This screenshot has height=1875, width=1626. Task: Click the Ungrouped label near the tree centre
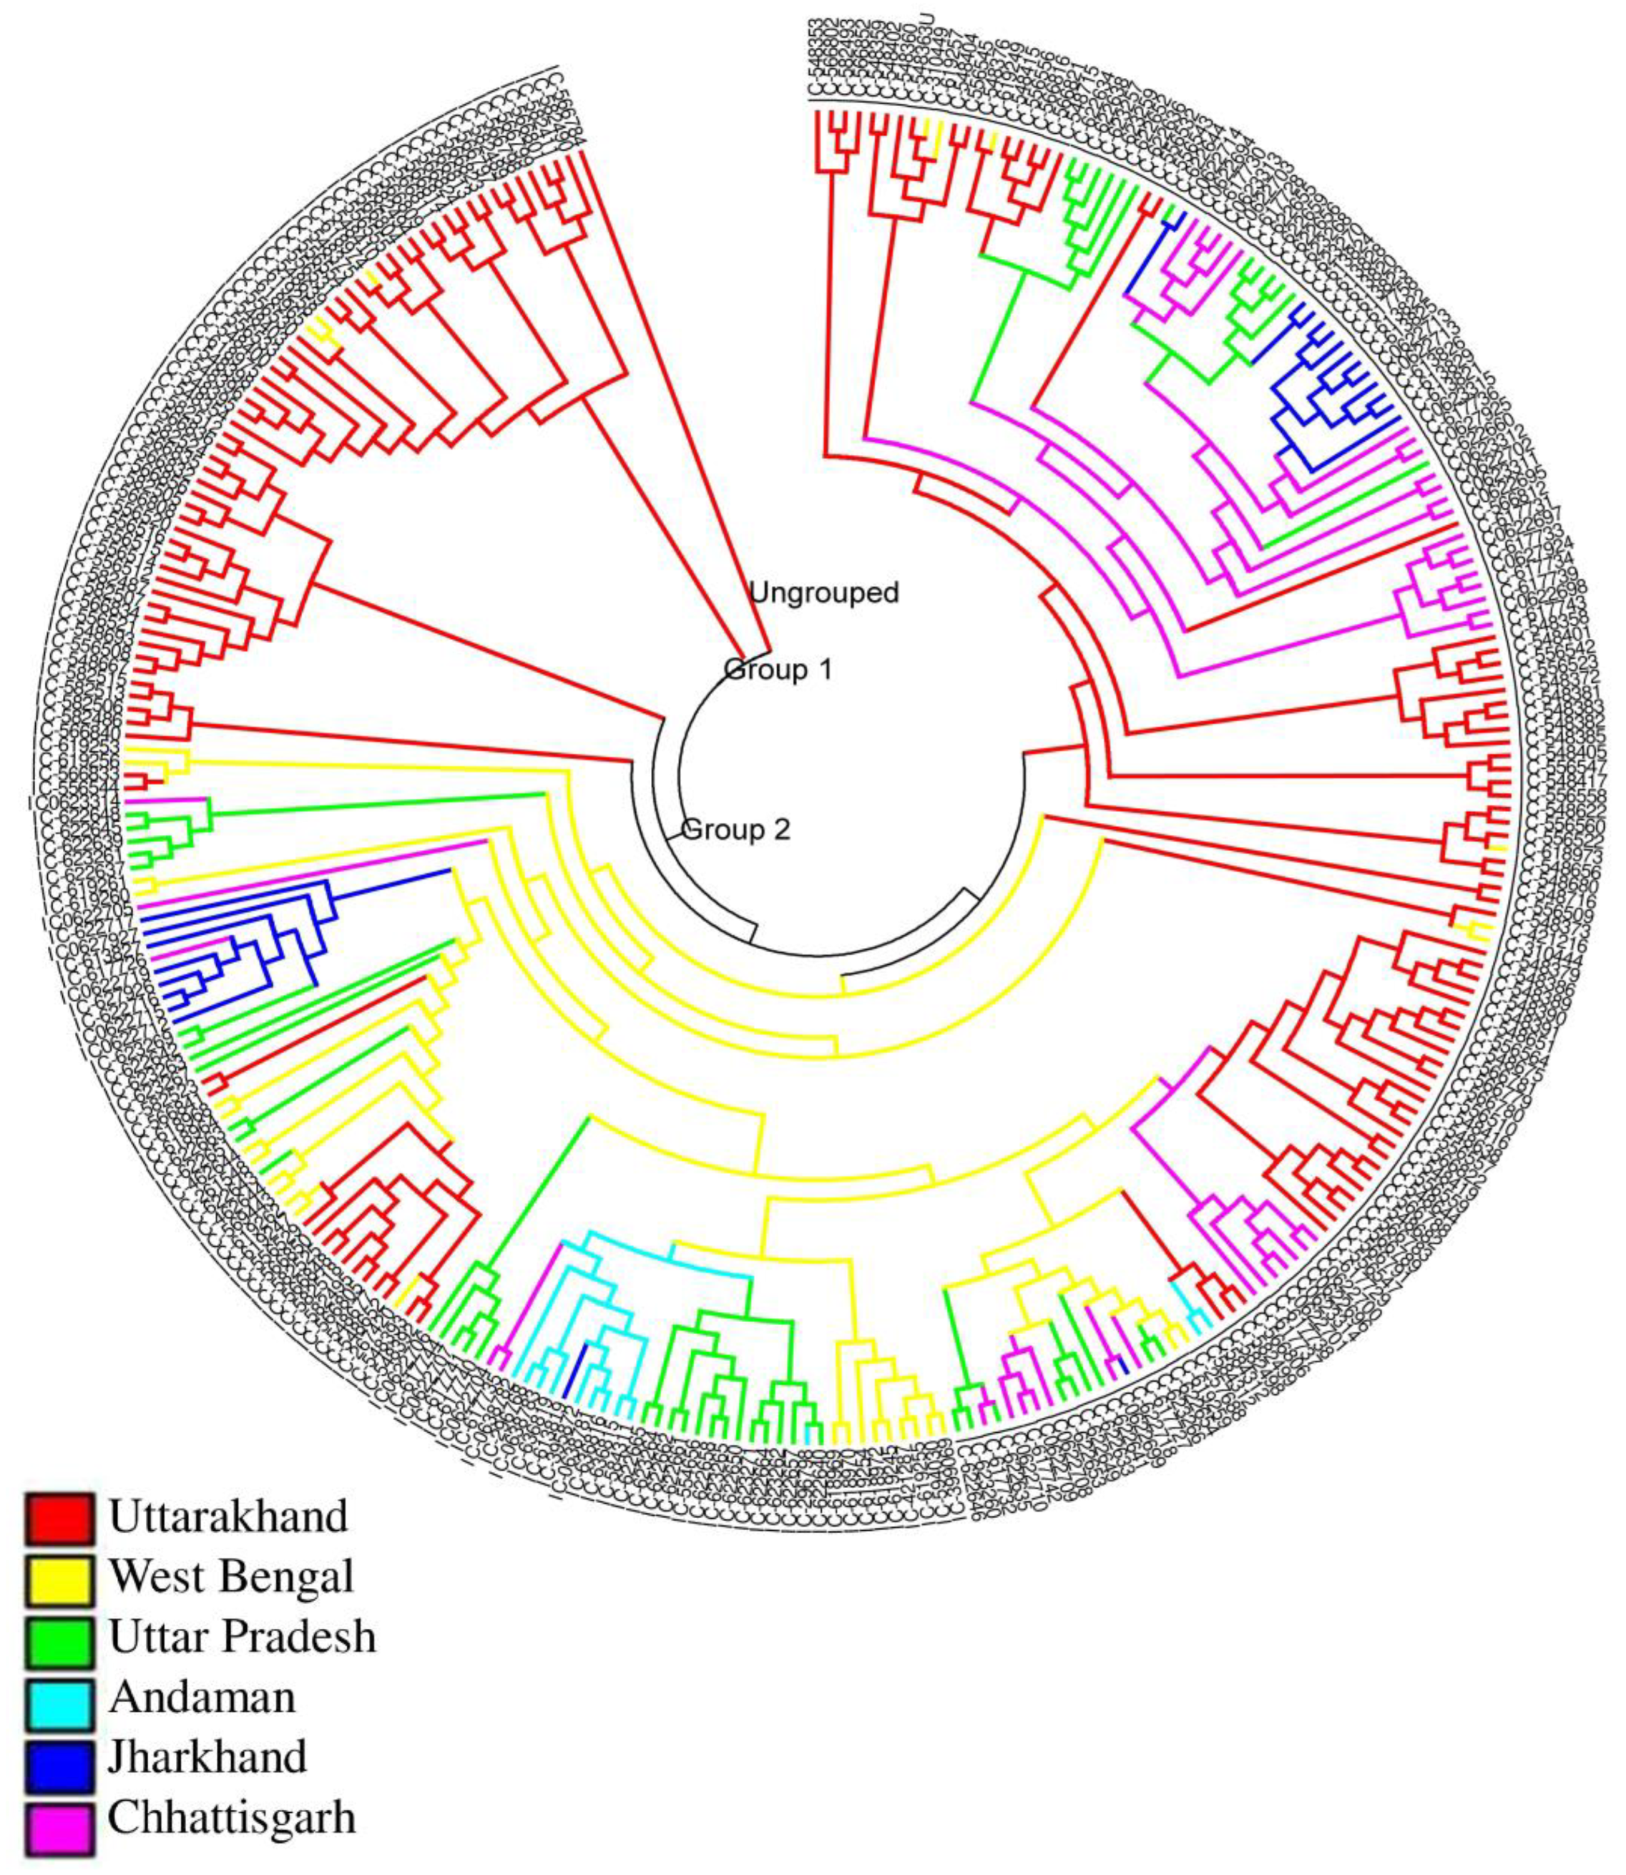(x=824, y=592)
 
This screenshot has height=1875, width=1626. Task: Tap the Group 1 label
(x=778, y=670)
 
